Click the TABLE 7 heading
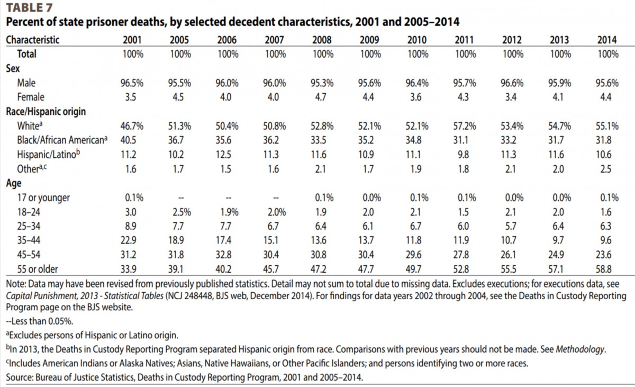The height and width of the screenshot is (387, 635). (29, 7)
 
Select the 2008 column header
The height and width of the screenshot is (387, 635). (322, 40)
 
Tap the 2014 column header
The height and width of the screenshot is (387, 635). (607, 40)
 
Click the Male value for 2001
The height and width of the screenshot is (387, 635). (132, 83)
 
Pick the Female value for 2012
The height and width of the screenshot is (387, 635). (511, 97)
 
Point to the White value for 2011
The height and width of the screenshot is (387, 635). (465, 126)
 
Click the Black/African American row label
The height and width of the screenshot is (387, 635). (62, 140)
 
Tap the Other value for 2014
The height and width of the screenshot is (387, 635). (606, 169)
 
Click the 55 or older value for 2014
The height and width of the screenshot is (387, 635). (604, 269)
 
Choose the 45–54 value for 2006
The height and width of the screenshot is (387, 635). (223, 255)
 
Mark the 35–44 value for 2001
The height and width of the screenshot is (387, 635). (129, 240)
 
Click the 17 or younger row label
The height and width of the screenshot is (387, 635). (43, 197)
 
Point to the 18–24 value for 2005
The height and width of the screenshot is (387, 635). (182, 212)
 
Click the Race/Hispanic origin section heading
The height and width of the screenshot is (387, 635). (46, 112)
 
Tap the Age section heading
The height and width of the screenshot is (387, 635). (14, 183)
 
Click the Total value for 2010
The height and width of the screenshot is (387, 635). (418, 54)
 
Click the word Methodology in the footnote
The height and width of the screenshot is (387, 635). (580, 349)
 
